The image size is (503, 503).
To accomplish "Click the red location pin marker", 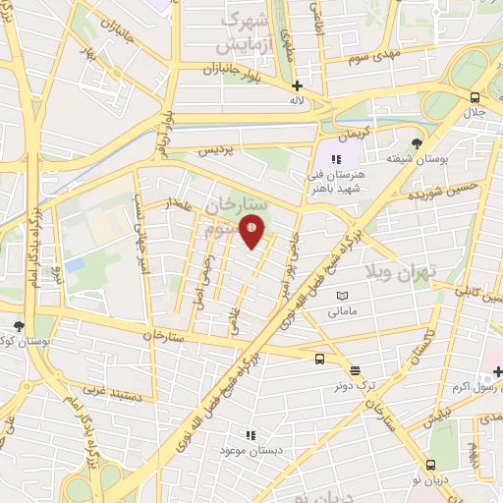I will pos(252,232).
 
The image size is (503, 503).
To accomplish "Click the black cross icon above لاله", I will pos(298,84).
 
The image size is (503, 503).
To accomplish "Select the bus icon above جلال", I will pos(475,97).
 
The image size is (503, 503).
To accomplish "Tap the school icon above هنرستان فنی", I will pos(335,158).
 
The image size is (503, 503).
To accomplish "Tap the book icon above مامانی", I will pos(342,296).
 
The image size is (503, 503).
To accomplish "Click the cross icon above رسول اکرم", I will pos(497,370).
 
